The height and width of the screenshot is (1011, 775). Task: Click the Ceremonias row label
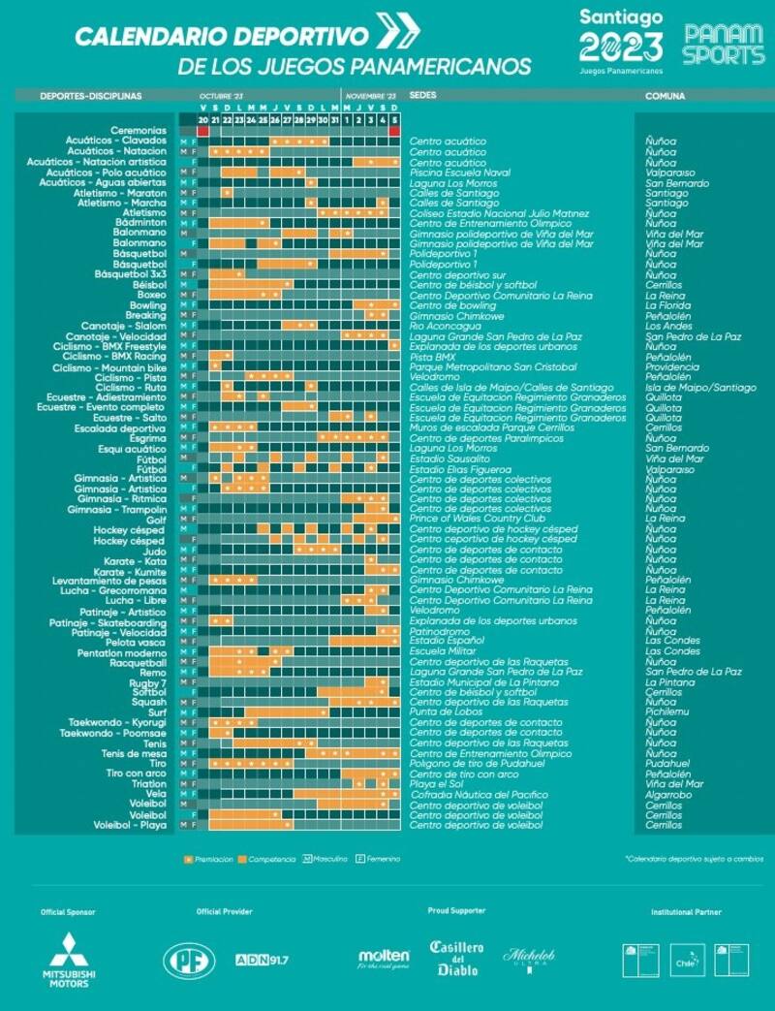[x=138, y=130]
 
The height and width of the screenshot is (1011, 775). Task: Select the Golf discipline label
[x=156, y=520]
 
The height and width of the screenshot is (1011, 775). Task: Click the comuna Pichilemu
[x=667, y=712]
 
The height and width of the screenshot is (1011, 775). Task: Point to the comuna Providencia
[x=671, y=367]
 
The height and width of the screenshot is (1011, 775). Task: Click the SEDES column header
[x=422, y=97]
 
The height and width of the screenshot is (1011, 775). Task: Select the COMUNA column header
[x=665, y=97]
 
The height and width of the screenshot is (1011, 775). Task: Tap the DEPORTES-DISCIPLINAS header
[x=91, y=97]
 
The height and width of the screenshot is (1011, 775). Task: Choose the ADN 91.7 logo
[x=263, y=960]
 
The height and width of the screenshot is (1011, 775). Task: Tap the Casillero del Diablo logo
[x=456, y=958]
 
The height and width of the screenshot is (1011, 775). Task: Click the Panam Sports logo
[x=724, y=44]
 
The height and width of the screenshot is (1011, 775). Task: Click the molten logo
[x=384, y=959]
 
